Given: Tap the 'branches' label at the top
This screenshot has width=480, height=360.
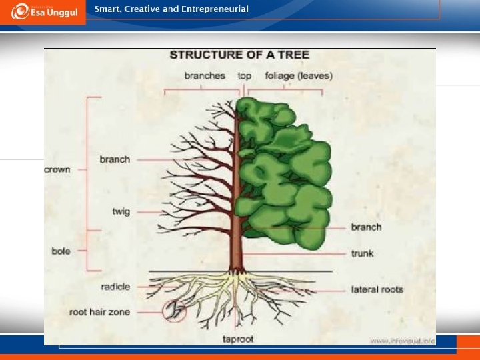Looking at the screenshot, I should point(205,76).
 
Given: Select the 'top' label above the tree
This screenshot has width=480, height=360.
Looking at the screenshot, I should point(245,76).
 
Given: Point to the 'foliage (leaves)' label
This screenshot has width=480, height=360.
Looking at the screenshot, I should point(299,76).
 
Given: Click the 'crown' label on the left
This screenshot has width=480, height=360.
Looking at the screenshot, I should point(57,169).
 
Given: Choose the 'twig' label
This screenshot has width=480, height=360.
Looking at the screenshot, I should point(121,211).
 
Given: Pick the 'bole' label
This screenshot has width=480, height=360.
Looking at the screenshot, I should point(61,251).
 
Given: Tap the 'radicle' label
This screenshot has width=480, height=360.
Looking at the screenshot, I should point(115,287).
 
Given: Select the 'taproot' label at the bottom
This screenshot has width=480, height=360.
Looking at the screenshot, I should point(238,339).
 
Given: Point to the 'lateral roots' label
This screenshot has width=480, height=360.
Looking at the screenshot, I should point(377,289).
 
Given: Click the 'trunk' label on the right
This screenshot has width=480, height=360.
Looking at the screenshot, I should point(363,253).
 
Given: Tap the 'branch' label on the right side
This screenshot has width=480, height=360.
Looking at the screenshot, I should point(366,227).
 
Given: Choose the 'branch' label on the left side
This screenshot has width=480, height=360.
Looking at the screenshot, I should point(115,159).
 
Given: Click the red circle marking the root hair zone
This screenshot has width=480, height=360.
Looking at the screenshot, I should point(174,311).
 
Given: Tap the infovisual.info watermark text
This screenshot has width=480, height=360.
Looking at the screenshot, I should point(403,341).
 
